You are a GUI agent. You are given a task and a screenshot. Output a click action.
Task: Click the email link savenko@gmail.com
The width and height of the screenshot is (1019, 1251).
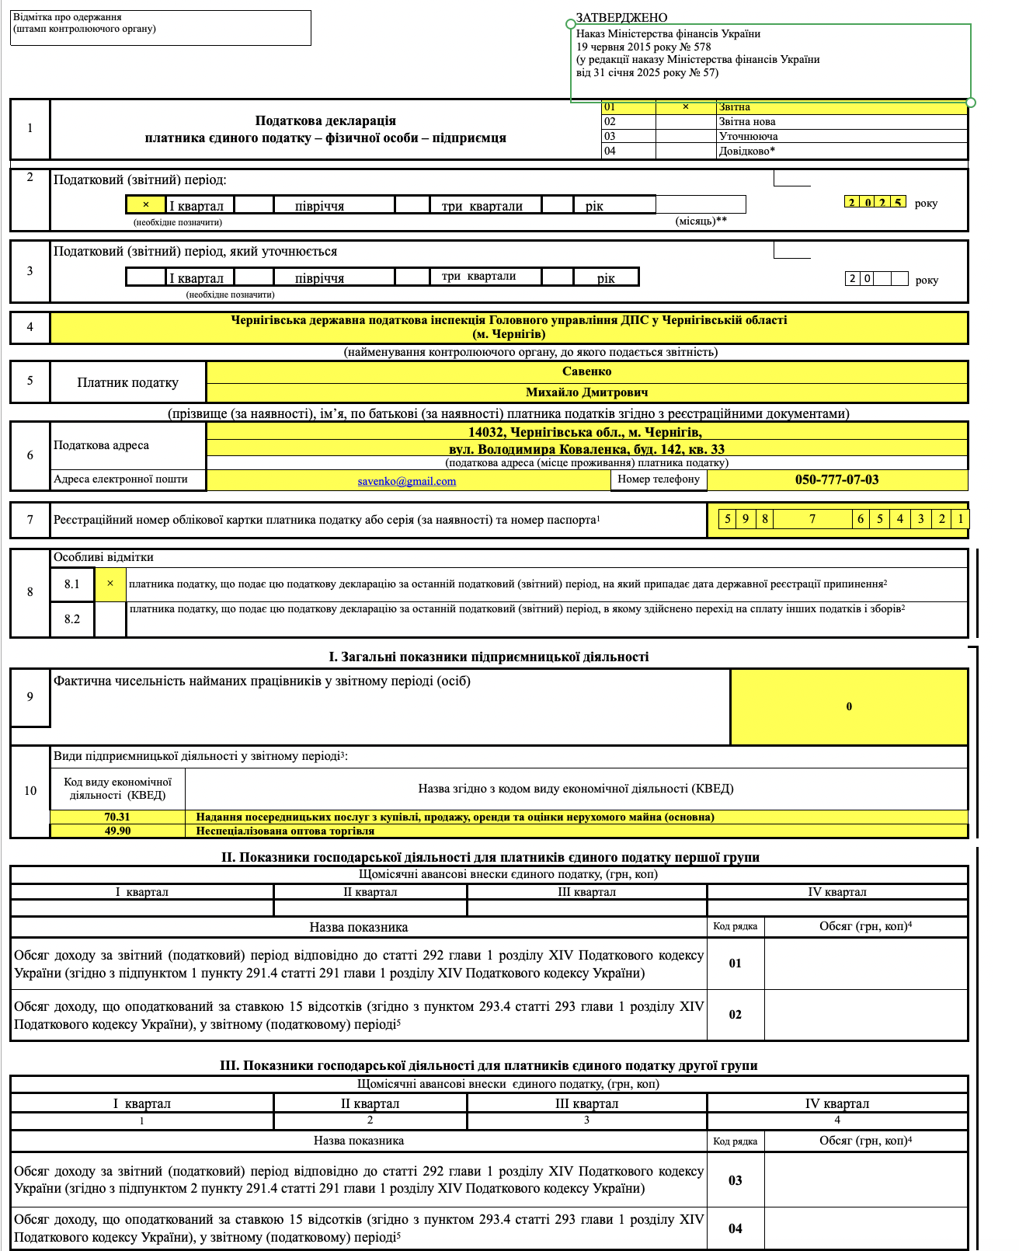[x=406, y=481]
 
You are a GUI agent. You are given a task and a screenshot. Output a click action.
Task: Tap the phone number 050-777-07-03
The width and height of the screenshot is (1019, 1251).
[x=836, y=479]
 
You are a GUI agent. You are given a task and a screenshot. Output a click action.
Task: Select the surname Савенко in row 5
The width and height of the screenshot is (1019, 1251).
[x=586, y=371]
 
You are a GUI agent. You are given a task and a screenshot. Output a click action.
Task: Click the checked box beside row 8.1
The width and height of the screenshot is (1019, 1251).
[x=110, y=584]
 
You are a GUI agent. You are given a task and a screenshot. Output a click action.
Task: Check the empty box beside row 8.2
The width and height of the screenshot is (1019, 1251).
[x=110, y=619]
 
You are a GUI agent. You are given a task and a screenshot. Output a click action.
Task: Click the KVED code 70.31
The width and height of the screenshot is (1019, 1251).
[x=117, y=817]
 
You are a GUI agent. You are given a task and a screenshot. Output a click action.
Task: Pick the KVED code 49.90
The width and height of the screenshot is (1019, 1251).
[x=117, y=831]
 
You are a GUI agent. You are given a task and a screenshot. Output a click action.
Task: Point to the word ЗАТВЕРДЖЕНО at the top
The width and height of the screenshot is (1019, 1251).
[x=621, y=18]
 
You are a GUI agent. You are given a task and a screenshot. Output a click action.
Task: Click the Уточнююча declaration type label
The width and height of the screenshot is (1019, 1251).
[x=748, y=136]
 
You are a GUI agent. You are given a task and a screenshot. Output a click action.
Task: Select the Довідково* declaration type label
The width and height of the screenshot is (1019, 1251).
[x=746, y=151]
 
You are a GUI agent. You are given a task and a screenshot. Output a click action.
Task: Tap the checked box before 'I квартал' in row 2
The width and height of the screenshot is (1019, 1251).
[x=145, y=205]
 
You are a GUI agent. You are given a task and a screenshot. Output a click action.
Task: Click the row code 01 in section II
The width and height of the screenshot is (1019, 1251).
[x=735, y=964]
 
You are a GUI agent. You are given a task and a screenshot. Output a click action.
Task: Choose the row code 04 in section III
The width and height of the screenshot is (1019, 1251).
[x=735, y=1228]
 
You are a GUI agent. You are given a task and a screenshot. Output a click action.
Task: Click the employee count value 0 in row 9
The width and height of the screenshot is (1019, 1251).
[x=849, y=706]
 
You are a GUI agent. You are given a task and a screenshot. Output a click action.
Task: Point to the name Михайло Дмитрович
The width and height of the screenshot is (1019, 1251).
[x=586, y=392]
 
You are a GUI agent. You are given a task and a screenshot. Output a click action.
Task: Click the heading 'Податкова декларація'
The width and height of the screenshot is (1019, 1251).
[x=325, y=120]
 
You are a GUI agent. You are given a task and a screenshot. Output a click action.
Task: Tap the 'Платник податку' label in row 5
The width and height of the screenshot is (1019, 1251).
[x=127, y=382]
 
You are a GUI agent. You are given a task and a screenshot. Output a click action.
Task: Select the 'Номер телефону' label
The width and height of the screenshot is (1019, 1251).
[x=658, y=479]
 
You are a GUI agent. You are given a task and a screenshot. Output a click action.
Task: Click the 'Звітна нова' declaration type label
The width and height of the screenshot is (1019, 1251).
[x=746, y=122]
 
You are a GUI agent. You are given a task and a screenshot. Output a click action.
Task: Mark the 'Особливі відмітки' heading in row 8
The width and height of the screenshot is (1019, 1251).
[x=103, y=557]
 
